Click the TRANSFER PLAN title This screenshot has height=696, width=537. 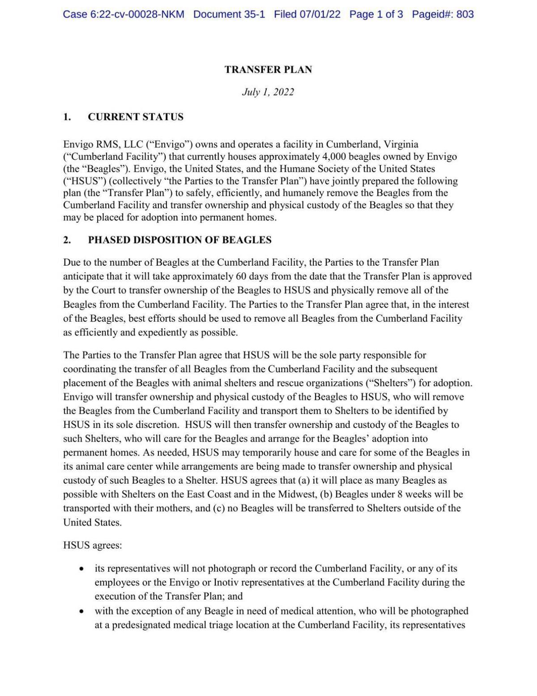coord(268,69)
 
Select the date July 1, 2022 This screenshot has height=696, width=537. coord(268,92)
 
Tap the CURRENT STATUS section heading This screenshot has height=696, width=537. coord(135,117)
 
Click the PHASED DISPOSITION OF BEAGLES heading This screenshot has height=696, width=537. coord(179,240)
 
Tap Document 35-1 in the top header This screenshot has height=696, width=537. coord(229,14)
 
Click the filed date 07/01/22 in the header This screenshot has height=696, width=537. coord(320,14)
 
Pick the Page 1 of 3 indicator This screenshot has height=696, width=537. coord(376,14)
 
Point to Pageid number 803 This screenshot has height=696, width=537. coord(465,14)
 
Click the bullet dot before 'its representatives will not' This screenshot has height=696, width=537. coord(81,569)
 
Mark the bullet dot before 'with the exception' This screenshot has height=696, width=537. coord(81,611)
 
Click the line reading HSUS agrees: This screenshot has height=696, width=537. coord(93,546)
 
